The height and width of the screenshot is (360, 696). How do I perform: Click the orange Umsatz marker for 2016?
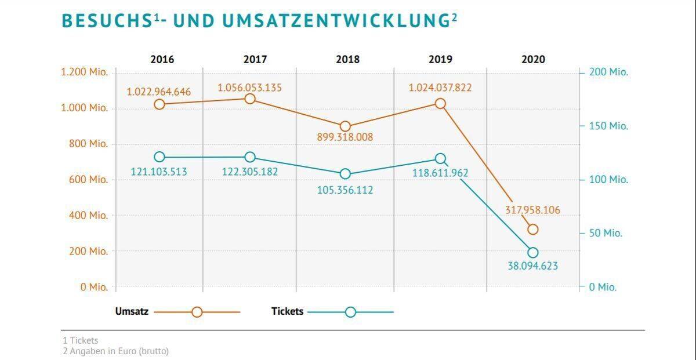click(x=159, y=104)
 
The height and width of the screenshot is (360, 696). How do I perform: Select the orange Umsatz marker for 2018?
click(x=345, y=126)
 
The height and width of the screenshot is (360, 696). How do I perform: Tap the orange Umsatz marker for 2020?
click(x=533, y=230)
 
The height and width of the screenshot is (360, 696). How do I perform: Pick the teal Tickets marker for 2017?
click(x=250, y=157)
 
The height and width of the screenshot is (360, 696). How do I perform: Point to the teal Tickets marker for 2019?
click(x=440, y=159)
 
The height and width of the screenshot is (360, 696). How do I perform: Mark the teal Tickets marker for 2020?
click(x=533, y=253)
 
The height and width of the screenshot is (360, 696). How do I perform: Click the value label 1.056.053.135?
click(x=250, y=88)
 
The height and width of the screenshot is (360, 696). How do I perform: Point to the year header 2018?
click(x=347, y=59)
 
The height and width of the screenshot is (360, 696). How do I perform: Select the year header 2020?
click(x=533, y=59)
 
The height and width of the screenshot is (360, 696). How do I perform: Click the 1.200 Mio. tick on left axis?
click(x=84, y=72)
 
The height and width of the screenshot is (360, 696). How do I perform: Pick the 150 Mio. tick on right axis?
click(x=608, y=126)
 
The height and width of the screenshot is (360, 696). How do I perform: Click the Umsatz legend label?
click(x=132, y=311)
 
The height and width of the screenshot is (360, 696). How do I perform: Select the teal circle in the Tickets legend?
click(x=350, y=312)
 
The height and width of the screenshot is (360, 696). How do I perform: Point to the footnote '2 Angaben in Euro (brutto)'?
click(x=115, y=351)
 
